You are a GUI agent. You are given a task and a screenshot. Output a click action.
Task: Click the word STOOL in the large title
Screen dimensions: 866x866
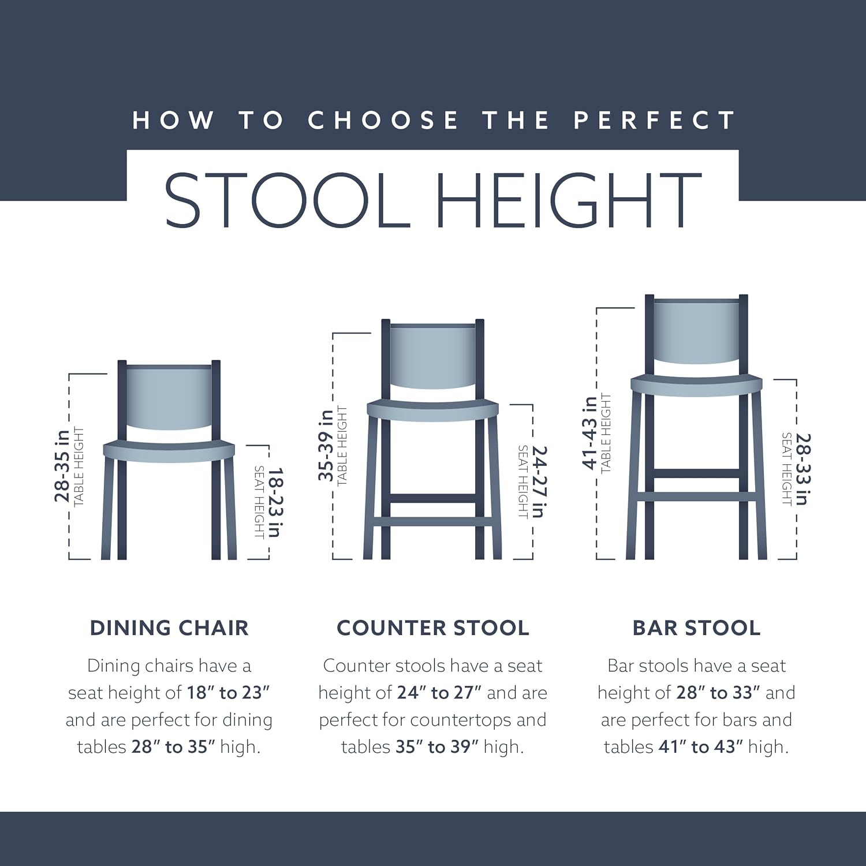point(288,200)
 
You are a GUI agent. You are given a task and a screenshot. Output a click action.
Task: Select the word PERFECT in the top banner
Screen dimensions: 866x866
point(655,120)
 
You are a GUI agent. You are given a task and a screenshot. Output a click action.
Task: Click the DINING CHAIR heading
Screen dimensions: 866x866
point(169,628)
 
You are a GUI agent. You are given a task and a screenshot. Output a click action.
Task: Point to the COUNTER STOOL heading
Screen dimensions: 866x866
point(433,628)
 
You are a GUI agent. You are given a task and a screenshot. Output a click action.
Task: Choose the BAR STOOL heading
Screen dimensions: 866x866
point(696,628)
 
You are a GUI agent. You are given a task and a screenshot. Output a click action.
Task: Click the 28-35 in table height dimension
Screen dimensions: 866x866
point(62,465)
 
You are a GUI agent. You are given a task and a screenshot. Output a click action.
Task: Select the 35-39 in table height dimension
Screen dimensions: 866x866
point(326,445)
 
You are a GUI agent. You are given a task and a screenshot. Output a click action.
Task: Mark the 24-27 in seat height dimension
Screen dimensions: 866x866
point(538,481)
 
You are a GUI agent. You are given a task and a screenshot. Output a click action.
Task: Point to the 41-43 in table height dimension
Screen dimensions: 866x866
point(590,432)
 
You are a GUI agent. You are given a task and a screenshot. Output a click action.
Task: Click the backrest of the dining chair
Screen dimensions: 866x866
point(169,397)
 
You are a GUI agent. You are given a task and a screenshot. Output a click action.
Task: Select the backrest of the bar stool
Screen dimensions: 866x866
point(696,330)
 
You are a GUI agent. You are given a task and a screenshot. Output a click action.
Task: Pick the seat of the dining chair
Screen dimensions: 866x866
point(169,450)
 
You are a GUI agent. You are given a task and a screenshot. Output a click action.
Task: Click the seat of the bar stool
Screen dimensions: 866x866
point(696,385)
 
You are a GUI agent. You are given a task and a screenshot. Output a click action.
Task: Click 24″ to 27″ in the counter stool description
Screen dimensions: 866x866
point(439,693)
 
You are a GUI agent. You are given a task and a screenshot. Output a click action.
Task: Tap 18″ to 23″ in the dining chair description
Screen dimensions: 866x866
point(228,693)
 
